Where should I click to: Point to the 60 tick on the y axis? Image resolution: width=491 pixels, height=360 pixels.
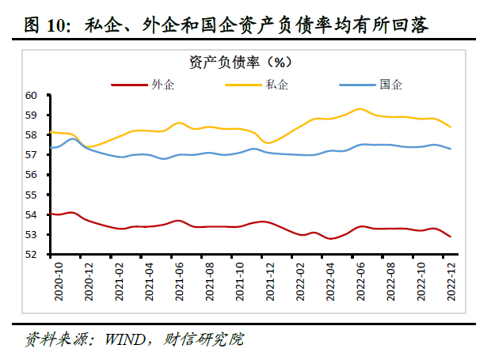(32, 95)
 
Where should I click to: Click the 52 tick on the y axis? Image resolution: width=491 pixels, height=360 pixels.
(32, 255)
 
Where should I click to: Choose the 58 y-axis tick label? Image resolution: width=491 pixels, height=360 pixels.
(32, 135)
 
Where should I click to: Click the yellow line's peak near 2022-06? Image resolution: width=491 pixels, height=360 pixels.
(360, 108)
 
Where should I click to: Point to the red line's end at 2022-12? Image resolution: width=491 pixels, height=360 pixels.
(451, 237)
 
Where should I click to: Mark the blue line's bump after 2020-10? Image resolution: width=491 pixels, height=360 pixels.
(74, 139)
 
